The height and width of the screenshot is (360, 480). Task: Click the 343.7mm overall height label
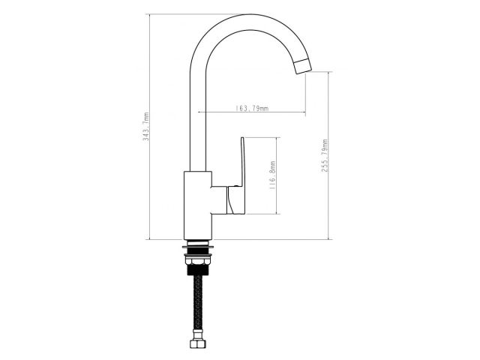coord(147,127)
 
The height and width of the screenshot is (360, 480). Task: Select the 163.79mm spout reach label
coord(252,108)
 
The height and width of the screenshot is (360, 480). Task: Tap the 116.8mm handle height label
coord(273,175)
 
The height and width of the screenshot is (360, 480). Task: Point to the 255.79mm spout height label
coord(325,155)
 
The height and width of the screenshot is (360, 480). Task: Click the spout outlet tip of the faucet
coord(303,67)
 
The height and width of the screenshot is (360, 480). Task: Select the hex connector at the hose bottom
coord(198,343)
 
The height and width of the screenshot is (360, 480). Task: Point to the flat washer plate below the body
coord(198,247)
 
